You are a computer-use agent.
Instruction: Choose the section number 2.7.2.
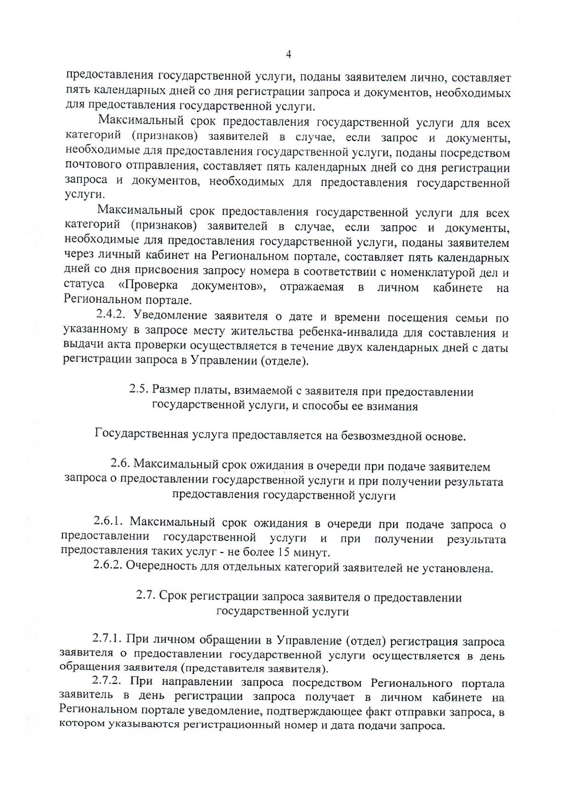pyautogui.click(x=108, y=681)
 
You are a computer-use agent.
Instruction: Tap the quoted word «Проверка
pyautogui.click(x=148, y=285)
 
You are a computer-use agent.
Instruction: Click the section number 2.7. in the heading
pyautogui.click(x=146, y=595)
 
